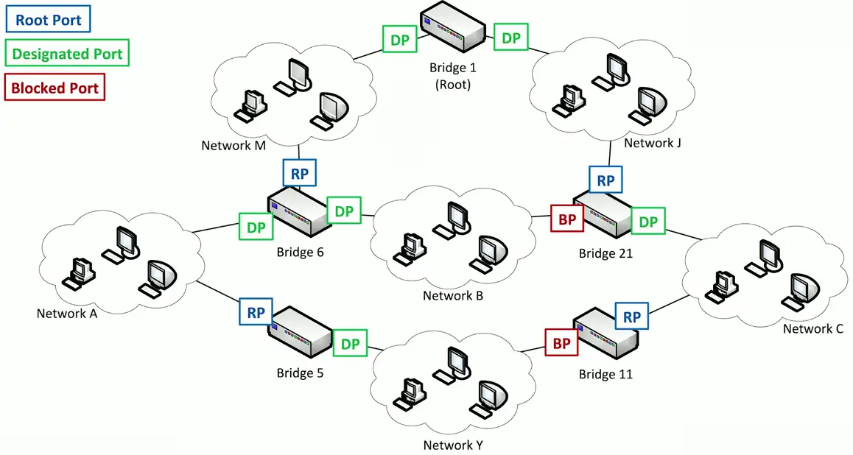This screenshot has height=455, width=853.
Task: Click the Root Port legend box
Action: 48,19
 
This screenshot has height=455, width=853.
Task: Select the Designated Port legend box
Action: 67,54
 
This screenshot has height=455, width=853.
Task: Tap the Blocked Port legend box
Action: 55,88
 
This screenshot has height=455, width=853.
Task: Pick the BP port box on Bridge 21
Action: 567,219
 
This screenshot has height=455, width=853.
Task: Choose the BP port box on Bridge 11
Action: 561,342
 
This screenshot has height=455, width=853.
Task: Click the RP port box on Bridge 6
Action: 300,173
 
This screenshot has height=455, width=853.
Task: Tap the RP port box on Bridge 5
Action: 256,312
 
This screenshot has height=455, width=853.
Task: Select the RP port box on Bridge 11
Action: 632,317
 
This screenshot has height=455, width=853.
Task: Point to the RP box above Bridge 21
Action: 605,180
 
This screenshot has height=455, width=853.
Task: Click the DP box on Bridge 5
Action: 350,343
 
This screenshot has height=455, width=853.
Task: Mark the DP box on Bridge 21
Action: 648,222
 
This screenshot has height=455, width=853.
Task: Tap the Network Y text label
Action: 453,445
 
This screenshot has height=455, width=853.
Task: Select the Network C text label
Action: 812,328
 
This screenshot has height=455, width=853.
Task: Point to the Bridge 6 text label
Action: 300,253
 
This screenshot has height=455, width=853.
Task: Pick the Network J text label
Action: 653,143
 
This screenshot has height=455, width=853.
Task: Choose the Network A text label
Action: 67,314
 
